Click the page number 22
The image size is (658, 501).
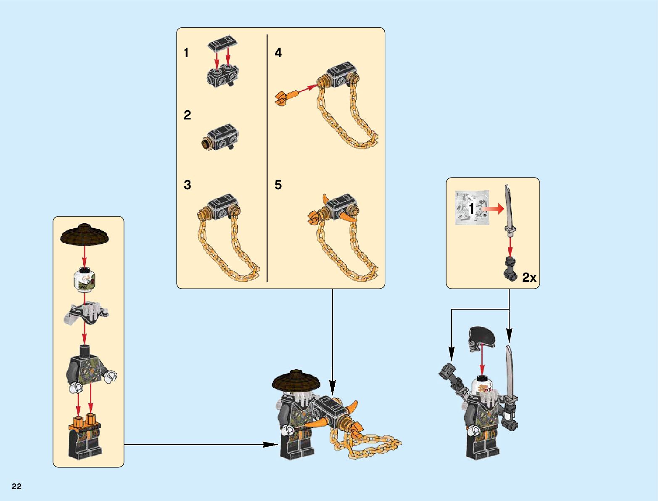[x=17, y=487]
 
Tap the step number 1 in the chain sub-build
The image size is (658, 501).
[x=186, y=53]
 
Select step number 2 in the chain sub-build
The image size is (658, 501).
[x=188, y=115]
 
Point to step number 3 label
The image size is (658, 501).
[x=188, y=185]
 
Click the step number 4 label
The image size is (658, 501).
[x=278, y=53]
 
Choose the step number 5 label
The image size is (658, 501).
[x=278, y=185]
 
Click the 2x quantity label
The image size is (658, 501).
[x=529, y=278]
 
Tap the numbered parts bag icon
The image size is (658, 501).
[x=472, y=208]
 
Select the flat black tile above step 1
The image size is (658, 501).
[x=222, y=42]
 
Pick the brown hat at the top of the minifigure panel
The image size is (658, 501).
[x=85, y=235]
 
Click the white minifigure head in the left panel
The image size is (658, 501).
[x=85, y=280]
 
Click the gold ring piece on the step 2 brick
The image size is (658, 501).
[x=206, y=144]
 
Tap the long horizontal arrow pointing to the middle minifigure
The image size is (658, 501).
[x=198, y=444]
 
